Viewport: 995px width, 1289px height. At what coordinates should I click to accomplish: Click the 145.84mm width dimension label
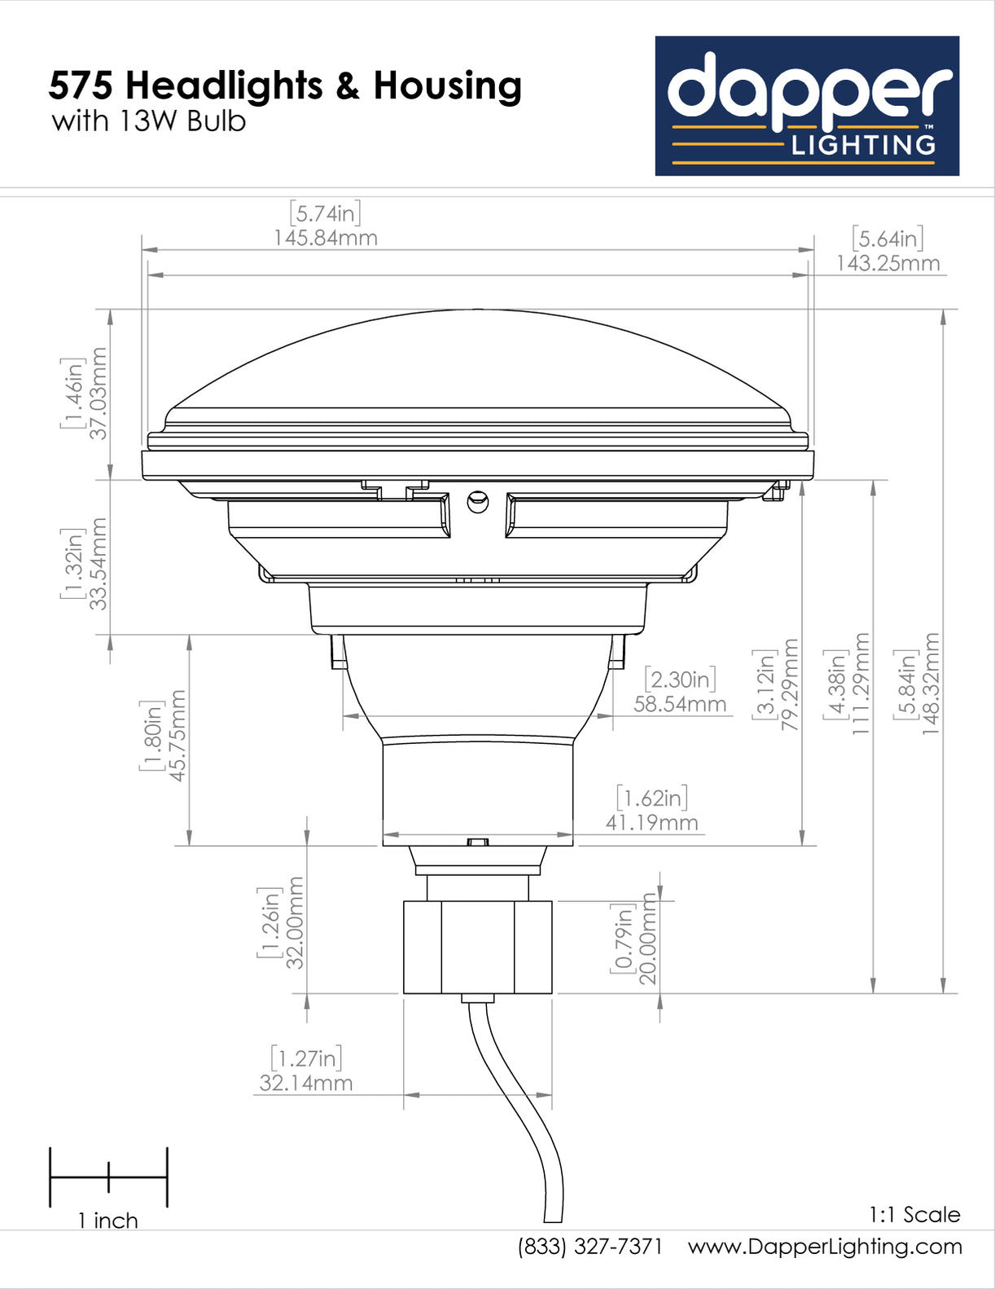pyautogui.click(x=325, y=238)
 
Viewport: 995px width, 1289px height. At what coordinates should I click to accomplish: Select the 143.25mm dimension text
pyautogui.click(x=888, y=263)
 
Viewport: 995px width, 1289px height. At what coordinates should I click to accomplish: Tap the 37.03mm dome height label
pyautogui.click(x=99, y=393)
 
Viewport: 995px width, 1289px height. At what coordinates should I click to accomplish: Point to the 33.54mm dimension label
pyautogui.click(x=99, y=563)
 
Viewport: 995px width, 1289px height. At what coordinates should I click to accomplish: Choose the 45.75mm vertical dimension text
pyautogui.click(x=178, y=735)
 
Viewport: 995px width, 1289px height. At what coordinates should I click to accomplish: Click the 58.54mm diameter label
pyautogui.click(x=680, y=704)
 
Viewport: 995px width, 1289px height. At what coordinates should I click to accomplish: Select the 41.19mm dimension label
pyautogui.click(x=651, y=823)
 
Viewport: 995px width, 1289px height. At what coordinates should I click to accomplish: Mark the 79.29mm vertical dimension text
pyautogui.click(x=789, y=684)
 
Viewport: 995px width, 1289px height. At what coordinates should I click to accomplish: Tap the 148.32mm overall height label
pyautogui.click(x=931, y=684)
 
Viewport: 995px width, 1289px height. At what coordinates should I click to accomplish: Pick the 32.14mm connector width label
pyautogui.click(x=306, y=1083)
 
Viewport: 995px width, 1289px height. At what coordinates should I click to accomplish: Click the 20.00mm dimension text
pyautogui.click(x=647, y=939)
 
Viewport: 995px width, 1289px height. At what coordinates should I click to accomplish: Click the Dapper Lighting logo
pyautogui.click(x=807, y=106)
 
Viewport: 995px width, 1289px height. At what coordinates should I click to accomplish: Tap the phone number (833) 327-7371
pyautogui.click(x=590, y=1247)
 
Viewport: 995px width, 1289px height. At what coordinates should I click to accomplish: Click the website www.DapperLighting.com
pyautogui.click(x=825, y=1247)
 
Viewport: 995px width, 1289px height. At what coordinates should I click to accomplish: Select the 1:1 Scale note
pyautogui.click(x=914, y=1215)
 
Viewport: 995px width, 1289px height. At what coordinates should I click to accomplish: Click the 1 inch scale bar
pyautogui.click(x=108, y=1177)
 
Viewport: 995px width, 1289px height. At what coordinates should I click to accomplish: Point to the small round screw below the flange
pyautogui.click(x=478, y=500)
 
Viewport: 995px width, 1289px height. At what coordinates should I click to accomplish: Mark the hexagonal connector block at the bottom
pyautogui.click(x=478, y=947)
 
